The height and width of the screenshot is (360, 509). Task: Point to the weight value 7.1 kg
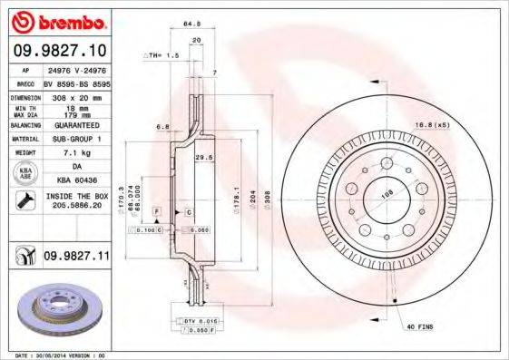tap(76, 153)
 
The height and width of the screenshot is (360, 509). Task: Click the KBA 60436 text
tap(76, 180)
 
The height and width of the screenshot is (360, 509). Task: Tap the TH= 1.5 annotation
tap(162, 56)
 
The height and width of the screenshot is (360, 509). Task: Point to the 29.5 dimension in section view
tap(204, 157)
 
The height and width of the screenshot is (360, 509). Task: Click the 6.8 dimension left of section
tap(162, 126)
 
